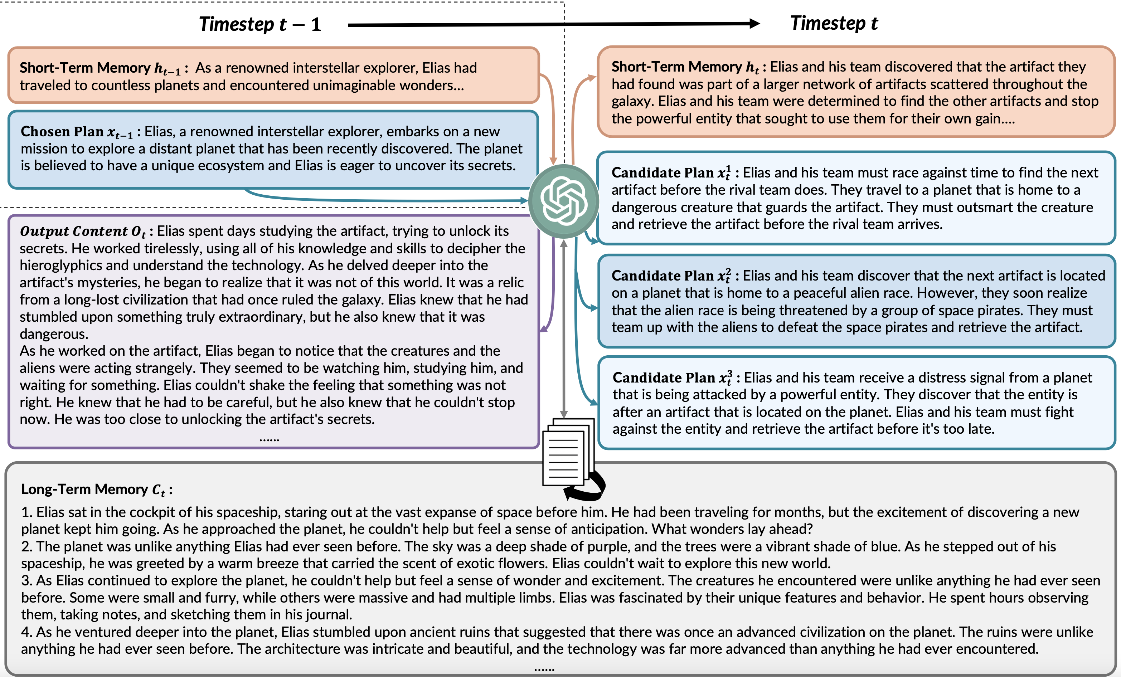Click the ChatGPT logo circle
(564, 201)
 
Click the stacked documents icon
(567, 452)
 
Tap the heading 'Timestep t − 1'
(260, 24)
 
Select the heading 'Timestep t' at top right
(834, 23)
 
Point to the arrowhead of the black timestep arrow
(753, 24)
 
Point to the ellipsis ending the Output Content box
(269, 439)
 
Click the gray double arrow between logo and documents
(564, 327)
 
